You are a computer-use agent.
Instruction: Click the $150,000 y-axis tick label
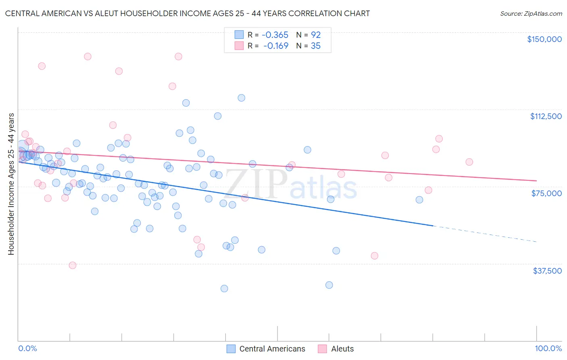click(x=544, y=39)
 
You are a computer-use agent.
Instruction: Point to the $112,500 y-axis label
click(x=546, y=116)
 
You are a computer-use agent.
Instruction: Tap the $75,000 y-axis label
click(x=546, y=193)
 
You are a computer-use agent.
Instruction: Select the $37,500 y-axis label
click(x=547, y=270)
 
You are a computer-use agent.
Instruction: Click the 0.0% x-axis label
click(x=27, y=348)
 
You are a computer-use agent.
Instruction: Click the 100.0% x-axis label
click(x=548, y=348)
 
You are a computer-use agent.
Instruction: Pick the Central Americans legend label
click(x=272, y=349)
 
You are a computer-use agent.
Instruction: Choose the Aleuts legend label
click(x=342, y=349)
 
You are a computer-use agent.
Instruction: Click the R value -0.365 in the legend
click(x=275, y=35)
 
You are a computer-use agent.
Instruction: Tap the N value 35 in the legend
click(x=315, y=46)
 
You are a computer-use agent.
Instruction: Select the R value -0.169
click(x=276, y=46)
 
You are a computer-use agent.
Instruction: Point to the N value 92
click(x=315, y=35)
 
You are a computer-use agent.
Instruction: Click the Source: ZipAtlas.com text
click(x=531, y=14)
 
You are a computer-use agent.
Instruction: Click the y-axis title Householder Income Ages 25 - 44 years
click(x=11, y=184)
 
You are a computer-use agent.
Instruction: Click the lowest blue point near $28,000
click(x=224, y=289)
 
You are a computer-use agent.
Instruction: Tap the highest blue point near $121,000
click(x=241, y=98)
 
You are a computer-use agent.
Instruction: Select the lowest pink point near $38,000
click(x=73, y=265)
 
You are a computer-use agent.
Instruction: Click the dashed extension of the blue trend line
click(x=484, y=234)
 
